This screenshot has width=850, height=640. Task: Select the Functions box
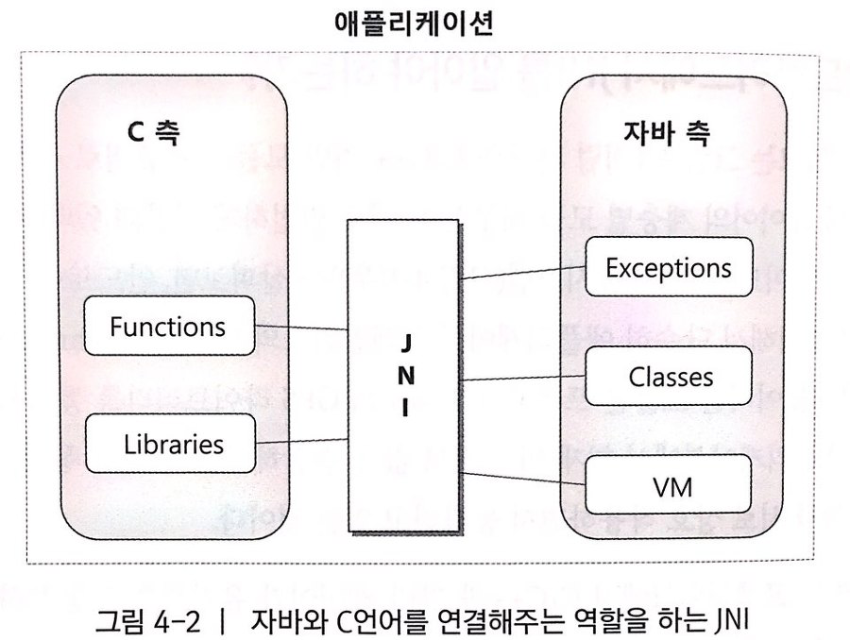click(168, 327)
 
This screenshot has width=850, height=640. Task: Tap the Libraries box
click(174, 443)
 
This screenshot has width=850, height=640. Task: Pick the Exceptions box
click(669, 267)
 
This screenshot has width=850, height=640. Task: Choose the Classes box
click(671, 377)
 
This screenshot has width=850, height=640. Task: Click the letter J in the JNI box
click(405, 340)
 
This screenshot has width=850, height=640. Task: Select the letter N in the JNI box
click(405, 374)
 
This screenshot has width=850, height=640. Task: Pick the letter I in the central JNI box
click(405, 407)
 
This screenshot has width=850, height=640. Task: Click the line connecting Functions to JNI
click(301, 327)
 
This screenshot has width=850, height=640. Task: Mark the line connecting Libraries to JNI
click(301, 440)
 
